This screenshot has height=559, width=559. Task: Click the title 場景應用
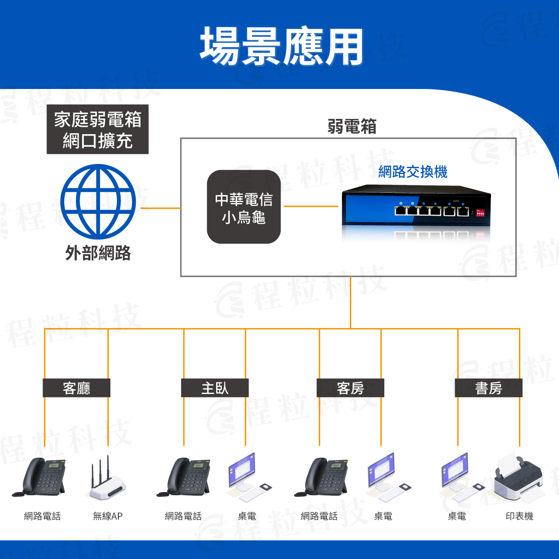coord(281,46)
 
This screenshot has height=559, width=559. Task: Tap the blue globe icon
coord(98,202)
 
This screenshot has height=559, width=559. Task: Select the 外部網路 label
coord(98,253)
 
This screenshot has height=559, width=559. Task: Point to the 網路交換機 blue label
coord(413,172)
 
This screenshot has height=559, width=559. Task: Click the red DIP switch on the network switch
coord(480,213)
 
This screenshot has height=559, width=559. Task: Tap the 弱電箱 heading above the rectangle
coord(352,127)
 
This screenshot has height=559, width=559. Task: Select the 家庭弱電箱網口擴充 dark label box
coord(97,130)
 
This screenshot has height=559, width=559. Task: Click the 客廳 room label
coord(76,388)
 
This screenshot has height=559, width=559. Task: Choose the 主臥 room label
coord(215,388)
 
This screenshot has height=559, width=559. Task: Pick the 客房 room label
coord(350,388)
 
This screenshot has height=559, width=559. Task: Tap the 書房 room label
coord(488,388)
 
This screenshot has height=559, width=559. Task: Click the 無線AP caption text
coord(108,516)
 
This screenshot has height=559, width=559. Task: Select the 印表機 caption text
coord(519,516)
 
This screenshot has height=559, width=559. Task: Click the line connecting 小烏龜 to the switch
coord(311,206)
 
